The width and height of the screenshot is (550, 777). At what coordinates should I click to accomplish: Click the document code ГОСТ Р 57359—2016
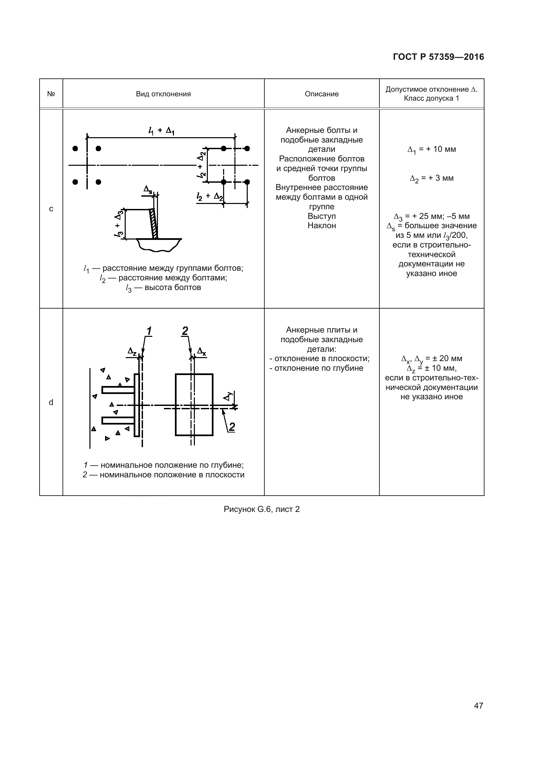coord(438,57)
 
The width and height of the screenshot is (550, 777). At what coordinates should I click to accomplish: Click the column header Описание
coord(322,94)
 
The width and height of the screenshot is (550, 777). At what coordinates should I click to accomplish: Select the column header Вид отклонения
coord(163,94)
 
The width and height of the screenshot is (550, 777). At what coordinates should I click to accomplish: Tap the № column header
coord(51,94)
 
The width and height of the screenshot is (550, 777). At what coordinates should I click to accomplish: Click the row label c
coord(51,209)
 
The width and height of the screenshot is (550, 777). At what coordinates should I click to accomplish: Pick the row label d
coord(51,402)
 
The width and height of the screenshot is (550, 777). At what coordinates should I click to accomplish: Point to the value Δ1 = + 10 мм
coord(432,149)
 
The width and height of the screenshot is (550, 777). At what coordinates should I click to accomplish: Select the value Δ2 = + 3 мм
coord(432,178)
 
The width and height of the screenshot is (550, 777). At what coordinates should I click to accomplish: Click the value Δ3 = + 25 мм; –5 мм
coord(432,217)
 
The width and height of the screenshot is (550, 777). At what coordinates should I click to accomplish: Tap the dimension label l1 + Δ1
coord(161,131)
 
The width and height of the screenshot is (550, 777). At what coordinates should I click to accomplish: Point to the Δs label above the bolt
coord(148,189)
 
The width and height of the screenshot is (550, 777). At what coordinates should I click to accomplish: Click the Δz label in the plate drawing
coord(132,351)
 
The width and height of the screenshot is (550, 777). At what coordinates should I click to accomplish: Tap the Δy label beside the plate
coord(229,396)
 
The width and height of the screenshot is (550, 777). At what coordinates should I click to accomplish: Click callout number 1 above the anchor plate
coord(149,331)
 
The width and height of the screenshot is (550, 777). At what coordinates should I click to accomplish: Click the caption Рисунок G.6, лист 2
coord(261,509)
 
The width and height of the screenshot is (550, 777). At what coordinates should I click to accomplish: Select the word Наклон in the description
coord(322,226)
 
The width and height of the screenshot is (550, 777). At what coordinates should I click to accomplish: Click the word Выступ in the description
coord(322,216)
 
